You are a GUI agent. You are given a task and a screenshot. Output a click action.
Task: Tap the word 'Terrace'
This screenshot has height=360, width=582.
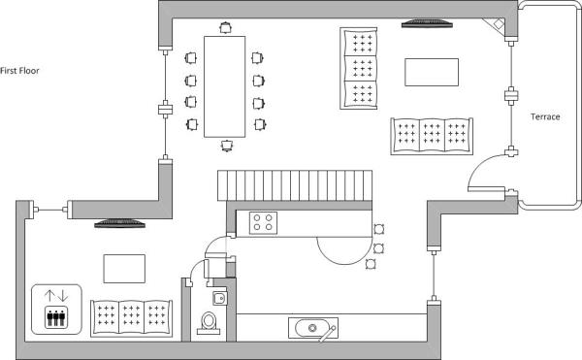[x=545, y=116]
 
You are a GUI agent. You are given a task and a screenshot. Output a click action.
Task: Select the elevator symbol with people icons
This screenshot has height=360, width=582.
[x=54, y=309]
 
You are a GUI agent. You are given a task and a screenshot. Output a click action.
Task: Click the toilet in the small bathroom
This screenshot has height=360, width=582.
[x=208, y=322]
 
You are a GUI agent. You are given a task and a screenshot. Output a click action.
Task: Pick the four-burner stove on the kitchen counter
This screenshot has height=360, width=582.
[x=263, y=222]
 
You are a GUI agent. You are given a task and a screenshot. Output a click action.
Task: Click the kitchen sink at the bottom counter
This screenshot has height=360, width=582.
[x=312, y=328]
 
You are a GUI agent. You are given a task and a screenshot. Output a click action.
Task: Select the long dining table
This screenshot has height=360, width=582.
[x=224, y=85]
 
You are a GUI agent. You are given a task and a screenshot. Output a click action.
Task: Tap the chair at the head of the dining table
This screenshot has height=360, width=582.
[x=225, y=28]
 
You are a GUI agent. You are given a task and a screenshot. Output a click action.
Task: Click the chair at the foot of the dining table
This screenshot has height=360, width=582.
[x=226, y=145]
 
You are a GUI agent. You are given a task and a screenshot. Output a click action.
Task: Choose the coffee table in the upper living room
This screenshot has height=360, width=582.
[x=430, y=73]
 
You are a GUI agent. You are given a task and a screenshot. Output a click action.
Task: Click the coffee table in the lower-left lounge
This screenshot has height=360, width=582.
[x=124, y=268]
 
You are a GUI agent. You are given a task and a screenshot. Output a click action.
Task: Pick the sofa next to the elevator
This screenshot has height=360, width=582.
[x=133, y=316]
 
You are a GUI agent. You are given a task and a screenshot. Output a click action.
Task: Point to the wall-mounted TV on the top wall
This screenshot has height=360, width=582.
[x=426, y=22]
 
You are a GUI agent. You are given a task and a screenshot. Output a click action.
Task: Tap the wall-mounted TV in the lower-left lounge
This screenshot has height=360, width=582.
[x=119, y=224]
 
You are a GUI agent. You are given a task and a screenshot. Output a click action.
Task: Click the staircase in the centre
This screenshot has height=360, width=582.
[x=293, y=185]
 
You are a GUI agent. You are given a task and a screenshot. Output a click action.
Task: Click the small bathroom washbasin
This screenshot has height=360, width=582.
[x=220, y=298]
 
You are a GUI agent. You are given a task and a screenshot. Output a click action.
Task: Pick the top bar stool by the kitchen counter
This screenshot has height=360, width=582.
[x=378, y=229]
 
